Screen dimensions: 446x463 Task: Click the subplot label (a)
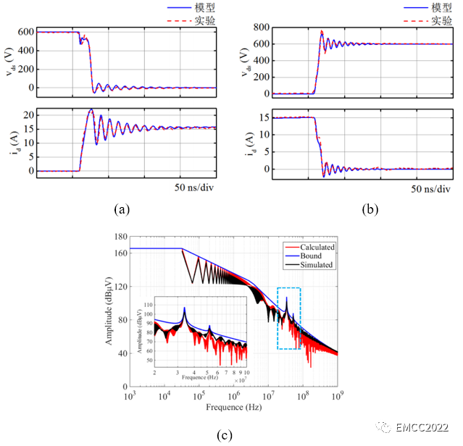coord(122,210)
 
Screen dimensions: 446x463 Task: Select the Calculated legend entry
coord(317,247)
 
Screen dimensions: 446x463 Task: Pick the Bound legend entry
coord(312,256)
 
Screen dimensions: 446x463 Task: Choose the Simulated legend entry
coord(316,265)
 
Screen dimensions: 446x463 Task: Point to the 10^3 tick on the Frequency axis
coord(130,397)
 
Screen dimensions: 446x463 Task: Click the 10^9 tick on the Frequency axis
coord(338,397)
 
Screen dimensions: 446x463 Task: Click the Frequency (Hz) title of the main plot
coord(234,408)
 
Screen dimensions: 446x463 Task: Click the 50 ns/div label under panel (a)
coord(195,188)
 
